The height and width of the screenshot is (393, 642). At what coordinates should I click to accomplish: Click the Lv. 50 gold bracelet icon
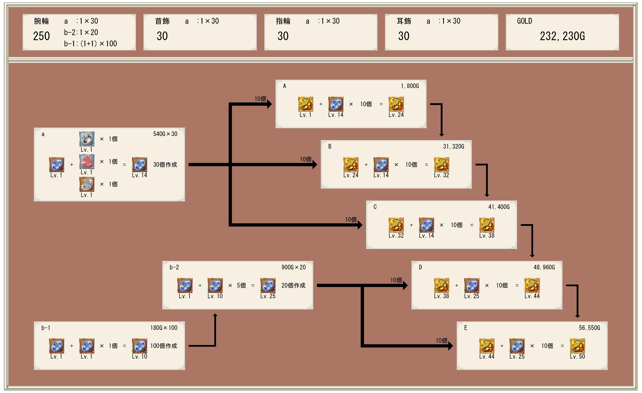point(577,346)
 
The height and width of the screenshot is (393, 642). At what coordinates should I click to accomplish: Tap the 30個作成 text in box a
point(165,165)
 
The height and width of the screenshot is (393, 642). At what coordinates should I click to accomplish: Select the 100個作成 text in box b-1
point(164,346)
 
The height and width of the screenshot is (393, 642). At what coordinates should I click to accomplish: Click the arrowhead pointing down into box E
point(577,316)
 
